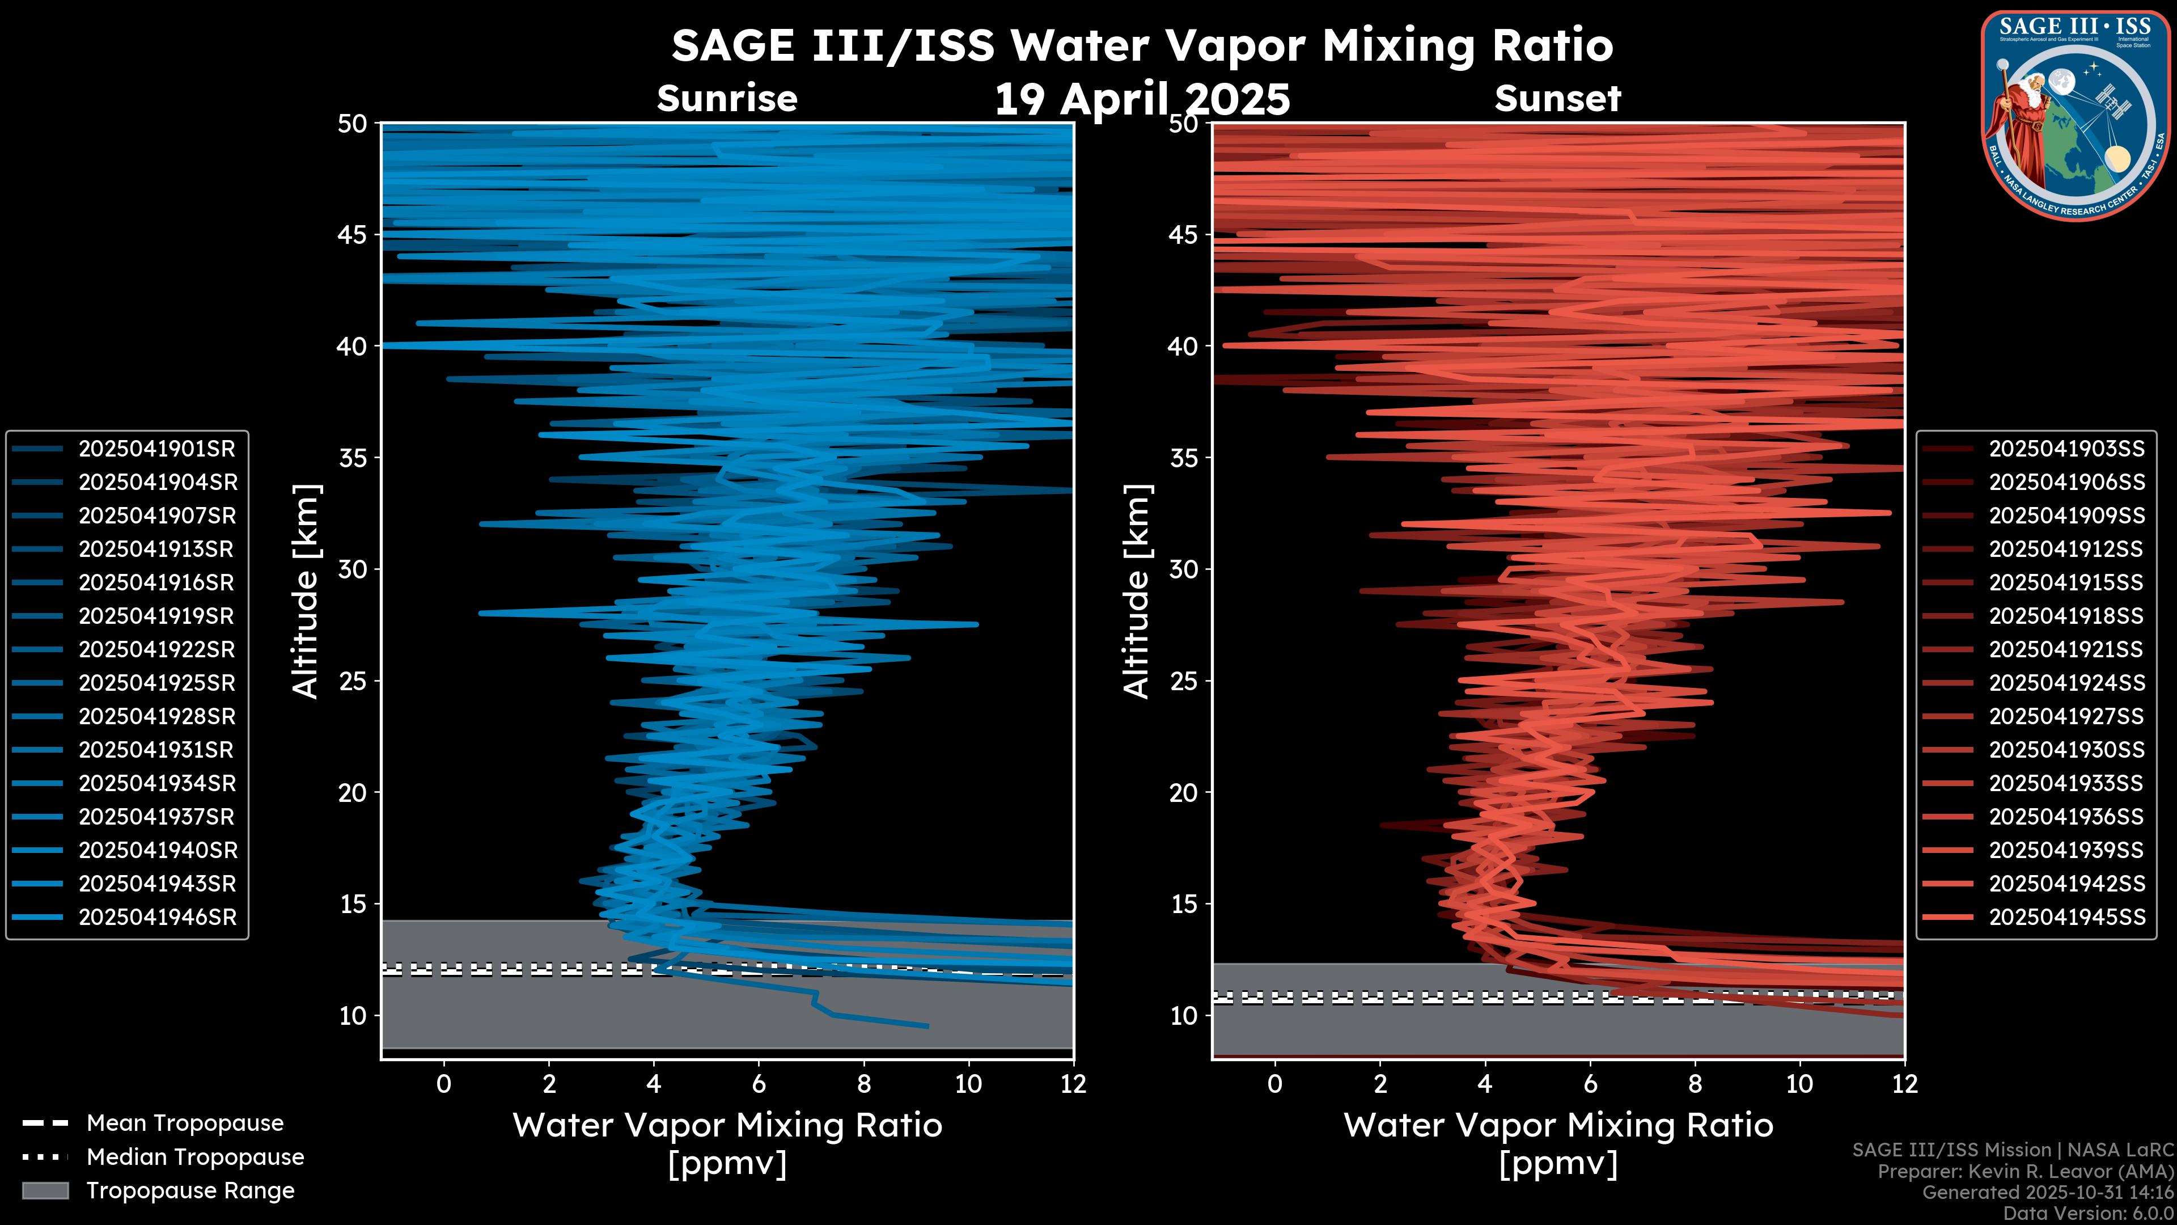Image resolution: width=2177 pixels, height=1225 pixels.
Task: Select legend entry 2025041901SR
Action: (x=156, y=449)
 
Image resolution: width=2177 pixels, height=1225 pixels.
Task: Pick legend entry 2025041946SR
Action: (x=156, y=917)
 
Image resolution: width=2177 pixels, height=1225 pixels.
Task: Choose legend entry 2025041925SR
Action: (x=156, y=683)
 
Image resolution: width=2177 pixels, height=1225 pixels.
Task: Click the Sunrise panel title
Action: (x=727, y=99)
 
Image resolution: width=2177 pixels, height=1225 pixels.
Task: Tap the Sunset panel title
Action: (x=1557, y=99)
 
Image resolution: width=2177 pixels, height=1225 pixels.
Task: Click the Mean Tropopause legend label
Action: (x=184, y=1123)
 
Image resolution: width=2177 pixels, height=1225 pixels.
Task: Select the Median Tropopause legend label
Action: (x=194, y=1158)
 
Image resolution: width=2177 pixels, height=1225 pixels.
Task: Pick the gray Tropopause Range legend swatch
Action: (x=45, y=1190)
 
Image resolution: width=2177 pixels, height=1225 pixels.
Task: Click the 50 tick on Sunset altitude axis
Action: (x=1183, y=124)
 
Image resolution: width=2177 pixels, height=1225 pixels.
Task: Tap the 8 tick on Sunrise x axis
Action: (x=863, y=1084)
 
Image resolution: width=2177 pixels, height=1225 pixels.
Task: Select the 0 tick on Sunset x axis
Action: (x=1275, y=1084)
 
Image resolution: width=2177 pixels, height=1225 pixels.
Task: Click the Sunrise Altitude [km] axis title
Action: (x=306, y=592)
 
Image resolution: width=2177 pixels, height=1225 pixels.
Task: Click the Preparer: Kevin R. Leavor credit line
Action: (x=2026, y=1172)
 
